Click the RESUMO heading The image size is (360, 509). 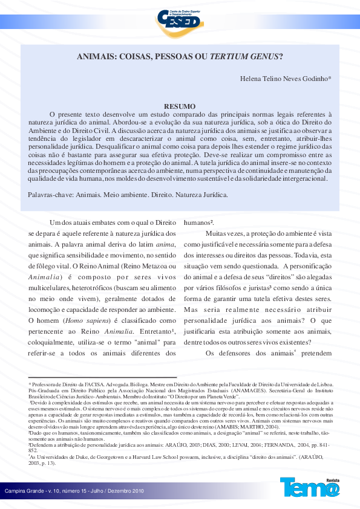(x=180, y=105)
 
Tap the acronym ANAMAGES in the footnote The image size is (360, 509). (x=213, y=391)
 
